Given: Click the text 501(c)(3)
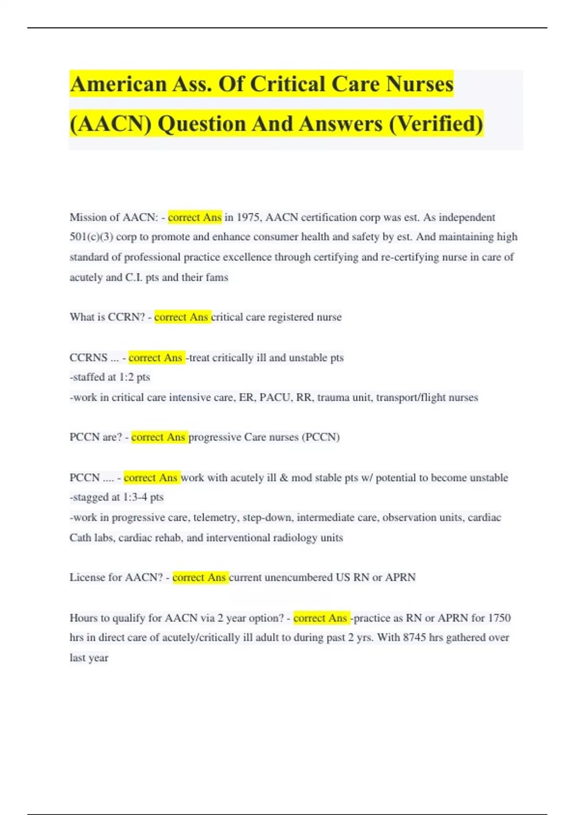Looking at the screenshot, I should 91,237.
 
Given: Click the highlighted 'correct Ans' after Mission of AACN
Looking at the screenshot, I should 195,218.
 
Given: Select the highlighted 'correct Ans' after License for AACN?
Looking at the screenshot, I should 199,578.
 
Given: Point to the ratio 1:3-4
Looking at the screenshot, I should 135,497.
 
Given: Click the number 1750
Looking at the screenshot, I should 499,618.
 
